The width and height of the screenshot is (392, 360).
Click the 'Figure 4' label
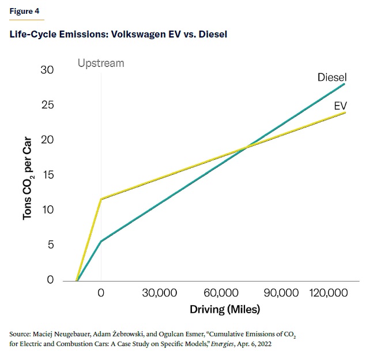tap(21, 12)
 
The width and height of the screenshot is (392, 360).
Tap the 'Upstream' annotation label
tap(101, 63)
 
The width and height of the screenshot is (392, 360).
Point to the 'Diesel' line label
tap(332, 77)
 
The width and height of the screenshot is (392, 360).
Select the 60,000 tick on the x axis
tap(221, 293)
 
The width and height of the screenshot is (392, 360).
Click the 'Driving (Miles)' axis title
tap(225, 310)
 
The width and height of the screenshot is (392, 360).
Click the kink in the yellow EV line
tap(101, 199)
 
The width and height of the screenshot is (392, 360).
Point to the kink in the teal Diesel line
tap(101, 241)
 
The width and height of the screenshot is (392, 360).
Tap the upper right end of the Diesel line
tap(345, 84)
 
